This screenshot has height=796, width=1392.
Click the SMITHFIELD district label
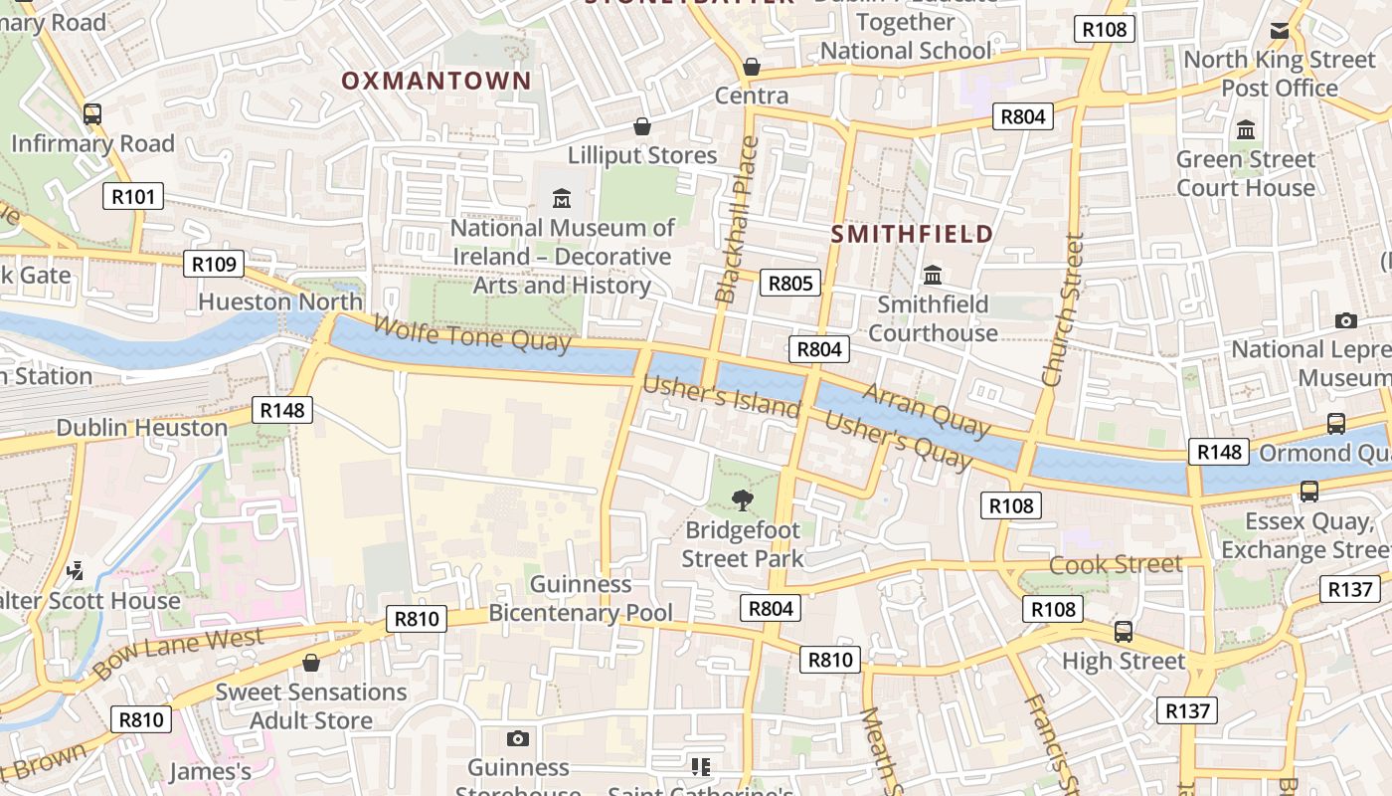911,235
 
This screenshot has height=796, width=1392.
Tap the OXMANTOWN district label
436,82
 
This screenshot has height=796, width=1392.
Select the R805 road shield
790,284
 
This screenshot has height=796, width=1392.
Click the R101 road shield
133,196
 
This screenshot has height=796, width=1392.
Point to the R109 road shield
214,264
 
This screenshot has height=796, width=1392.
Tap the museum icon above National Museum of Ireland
562,198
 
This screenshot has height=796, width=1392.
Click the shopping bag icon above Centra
752,67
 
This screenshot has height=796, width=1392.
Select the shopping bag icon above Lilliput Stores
642,126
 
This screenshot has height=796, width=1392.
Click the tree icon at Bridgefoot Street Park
742,499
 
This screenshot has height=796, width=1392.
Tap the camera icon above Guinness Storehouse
517,738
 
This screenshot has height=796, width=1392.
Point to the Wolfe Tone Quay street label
472,333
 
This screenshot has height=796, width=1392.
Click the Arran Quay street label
927,409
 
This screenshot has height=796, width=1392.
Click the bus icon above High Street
1124,631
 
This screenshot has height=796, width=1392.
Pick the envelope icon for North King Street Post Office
1280,31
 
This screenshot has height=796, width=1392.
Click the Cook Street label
1116,565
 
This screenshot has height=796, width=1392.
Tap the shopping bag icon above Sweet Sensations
311,663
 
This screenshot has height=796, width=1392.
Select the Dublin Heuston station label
142,428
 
